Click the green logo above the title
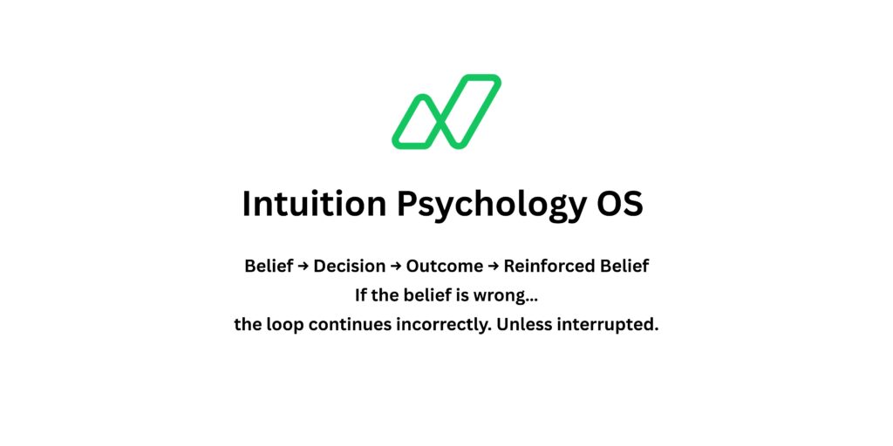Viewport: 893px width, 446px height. click(x=446, y=111)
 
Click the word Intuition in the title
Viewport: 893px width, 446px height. click(x=313, y=204)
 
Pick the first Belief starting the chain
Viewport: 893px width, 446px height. click(x=269, y=267)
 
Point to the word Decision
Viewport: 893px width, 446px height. click(x=349, y=267)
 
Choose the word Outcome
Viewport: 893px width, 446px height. click(x=444, y=267)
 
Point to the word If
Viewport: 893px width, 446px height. click(x=361, y=296)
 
